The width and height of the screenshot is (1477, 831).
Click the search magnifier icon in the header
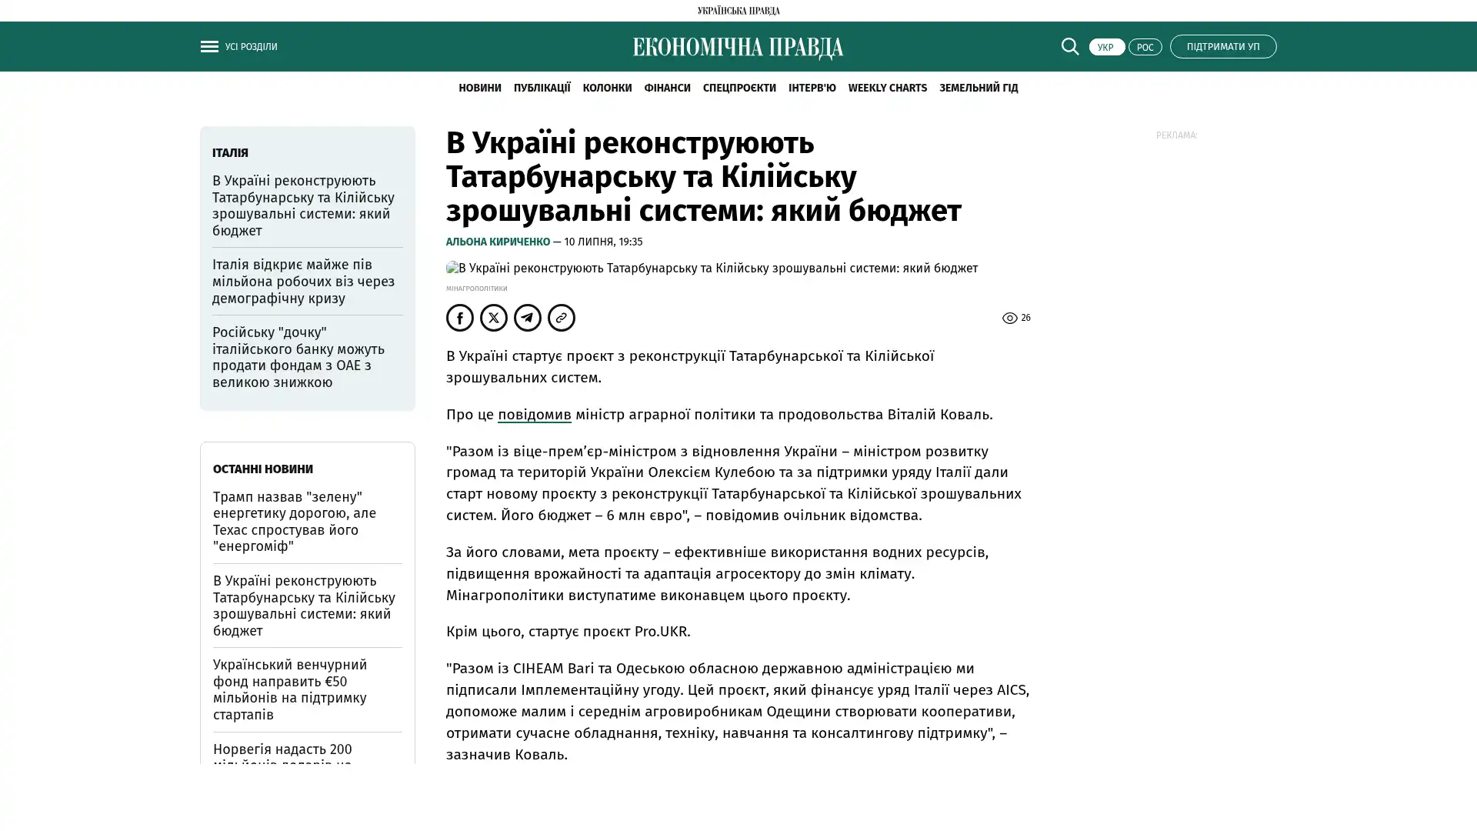1069,46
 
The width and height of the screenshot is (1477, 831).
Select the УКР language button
1106,47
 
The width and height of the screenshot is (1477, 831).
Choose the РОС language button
1145,47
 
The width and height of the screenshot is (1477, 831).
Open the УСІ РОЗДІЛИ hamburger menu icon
209,47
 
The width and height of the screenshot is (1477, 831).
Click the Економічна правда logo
738,48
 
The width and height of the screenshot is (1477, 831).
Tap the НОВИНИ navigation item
479,88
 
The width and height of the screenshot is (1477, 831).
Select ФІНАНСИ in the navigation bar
667,88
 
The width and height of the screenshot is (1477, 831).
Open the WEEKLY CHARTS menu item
887,88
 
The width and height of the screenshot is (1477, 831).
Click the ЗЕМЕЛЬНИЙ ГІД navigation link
978,88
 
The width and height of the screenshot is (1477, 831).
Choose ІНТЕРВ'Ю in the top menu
812,88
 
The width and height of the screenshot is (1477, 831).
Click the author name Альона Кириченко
498,242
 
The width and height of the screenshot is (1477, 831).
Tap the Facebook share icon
460,318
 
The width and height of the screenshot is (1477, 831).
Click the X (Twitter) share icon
494,318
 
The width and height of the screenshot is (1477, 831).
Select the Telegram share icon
528,318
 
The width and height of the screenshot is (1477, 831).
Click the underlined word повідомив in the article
534,415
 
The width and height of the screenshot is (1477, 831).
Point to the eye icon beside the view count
1009,318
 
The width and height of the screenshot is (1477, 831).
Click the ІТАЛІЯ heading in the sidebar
230,153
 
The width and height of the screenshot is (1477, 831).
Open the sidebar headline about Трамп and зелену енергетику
295,522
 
